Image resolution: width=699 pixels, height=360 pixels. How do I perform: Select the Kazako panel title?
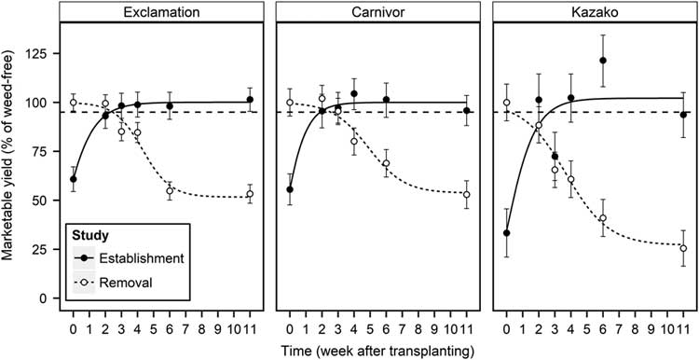pyautogui.click(x=594, y=13)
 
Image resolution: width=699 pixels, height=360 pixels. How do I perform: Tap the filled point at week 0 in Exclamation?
pyautogui.click(x=74, y=179)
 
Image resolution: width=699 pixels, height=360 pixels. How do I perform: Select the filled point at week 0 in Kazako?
pyautogui.click(x=506, y=233)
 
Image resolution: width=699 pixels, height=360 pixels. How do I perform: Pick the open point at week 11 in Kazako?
pyautogui.click(x=683, y=248)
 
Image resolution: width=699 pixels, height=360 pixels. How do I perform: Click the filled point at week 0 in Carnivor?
pyautogui.click(x=290, y=189)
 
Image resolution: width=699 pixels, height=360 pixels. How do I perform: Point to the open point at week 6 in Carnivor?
pyautogui.click(x=387, y=163)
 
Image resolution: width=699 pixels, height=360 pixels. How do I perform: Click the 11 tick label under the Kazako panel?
pyautogui.click(x=683, y=329)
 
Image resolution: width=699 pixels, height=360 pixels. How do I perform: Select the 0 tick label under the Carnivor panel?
pyautogui.click(x=290, y=329)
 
